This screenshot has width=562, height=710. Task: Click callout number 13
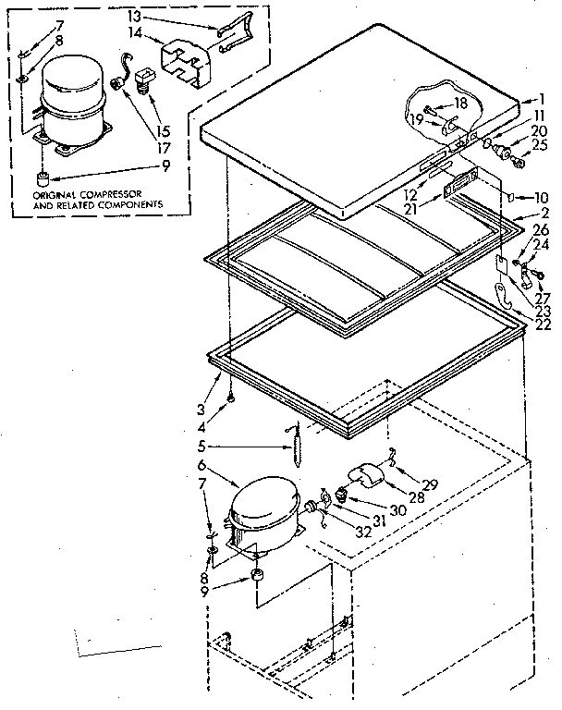click(x=134, y=16)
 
